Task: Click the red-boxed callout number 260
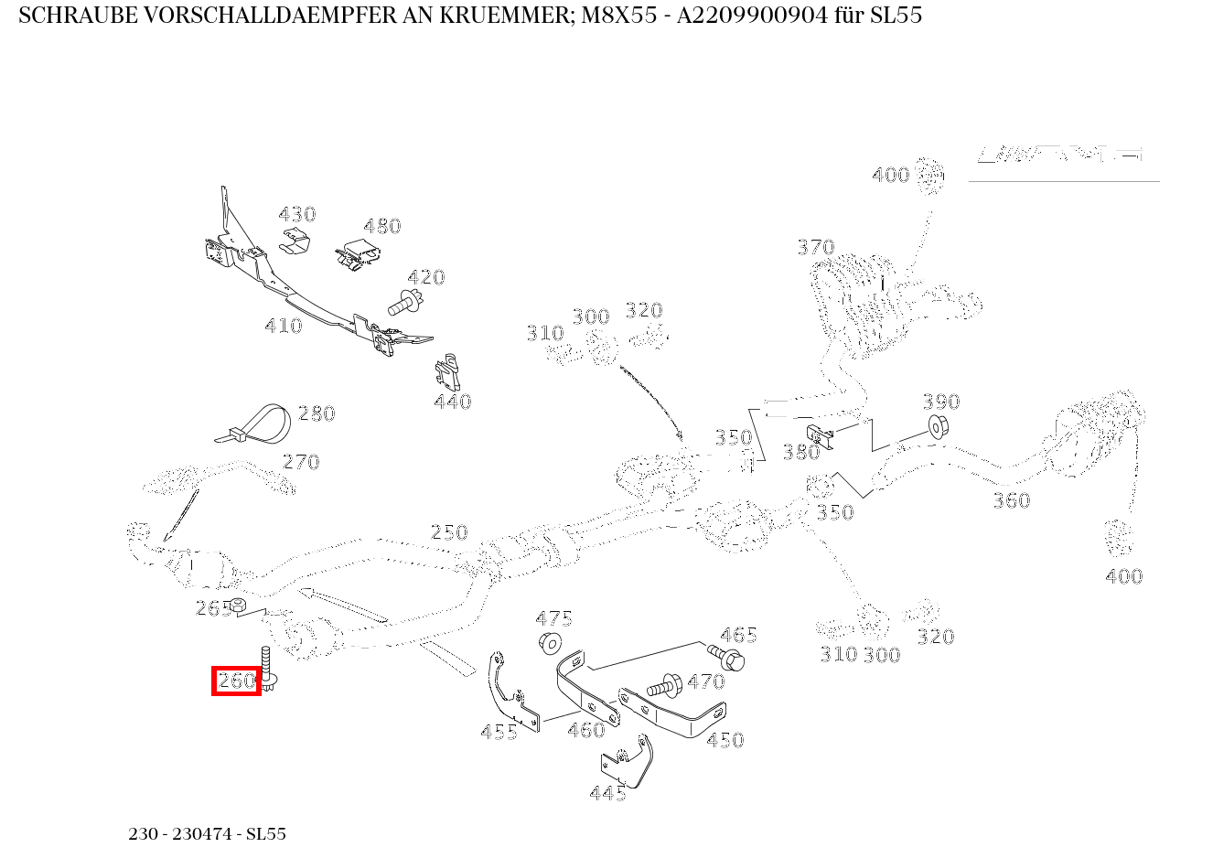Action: tap(236, 681)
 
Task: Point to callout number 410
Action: tap(283, 326)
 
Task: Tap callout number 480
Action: tap(381, 226)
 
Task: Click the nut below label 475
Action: tap(550, 642)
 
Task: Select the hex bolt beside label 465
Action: tap(727, 656)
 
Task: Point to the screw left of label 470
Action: tap(662, 684)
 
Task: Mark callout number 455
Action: tap(499, 732)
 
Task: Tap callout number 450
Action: tap(725, 740)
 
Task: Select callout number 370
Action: tap(815, 247)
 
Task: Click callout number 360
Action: tap(1011, 500)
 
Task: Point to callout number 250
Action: tap(448, 532)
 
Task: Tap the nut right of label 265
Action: tap(236, 605)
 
